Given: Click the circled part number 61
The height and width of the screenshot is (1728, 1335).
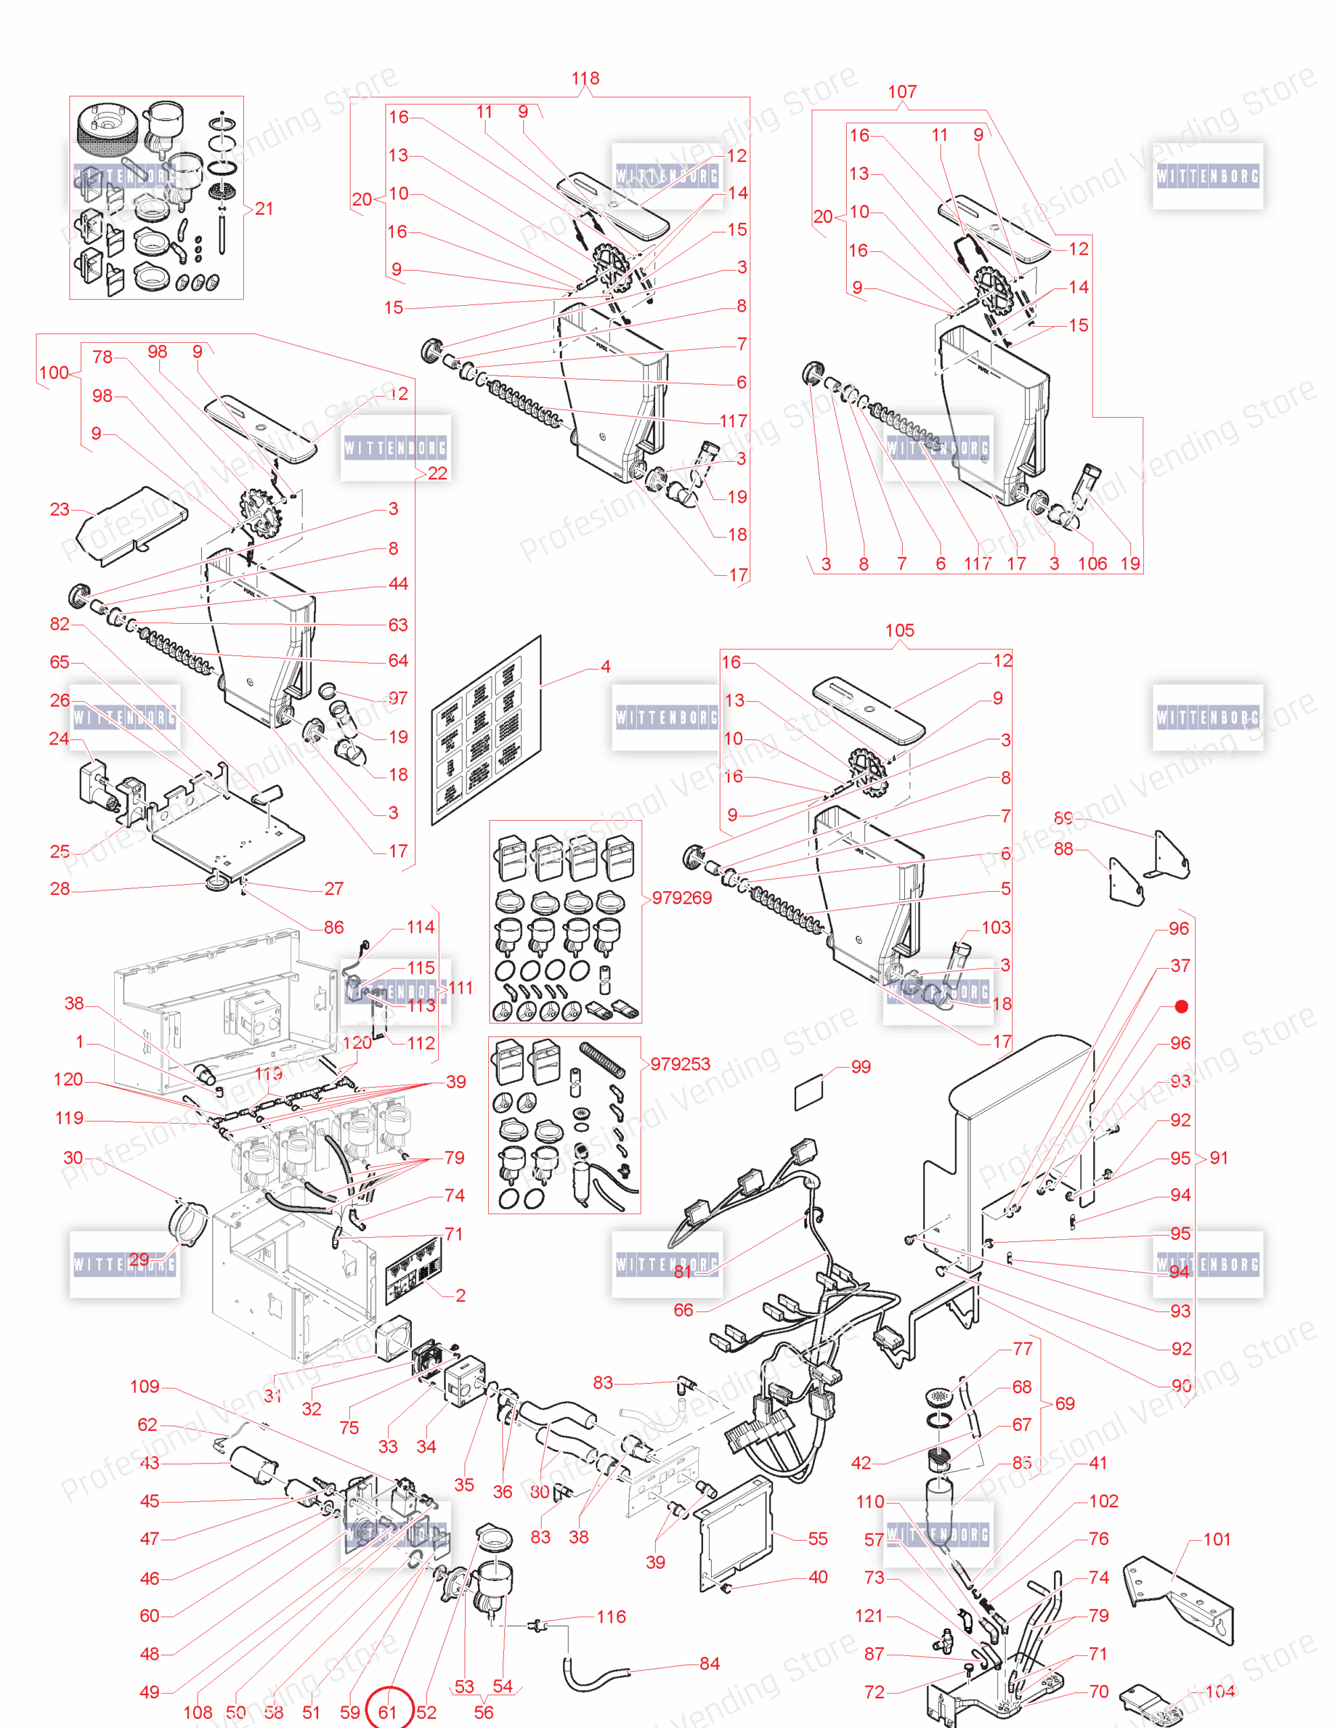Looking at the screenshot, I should [388, 1711].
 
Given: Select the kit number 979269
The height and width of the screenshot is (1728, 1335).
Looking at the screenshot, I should [681, 897].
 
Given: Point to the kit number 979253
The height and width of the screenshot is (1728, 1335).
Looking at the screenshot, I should [680, 1063].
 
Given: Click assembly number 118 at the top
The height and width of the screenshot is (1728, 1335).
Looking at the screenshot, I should [585, 78].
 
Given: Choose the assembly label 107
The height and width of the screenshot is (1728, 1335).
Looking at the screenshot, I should [902, 92].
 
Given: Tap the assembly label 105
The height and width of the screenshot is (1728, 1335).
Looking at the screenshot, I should [899, 630].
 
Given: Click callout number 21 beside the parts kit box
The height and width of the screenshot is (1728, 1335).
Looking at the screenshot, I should [263, 208].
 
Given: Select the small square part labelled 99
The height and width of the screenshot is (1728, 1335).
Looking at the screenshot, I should [809, 1095].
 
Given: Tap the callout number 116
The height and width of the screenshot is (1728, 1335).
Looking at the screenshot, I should [611, 1617].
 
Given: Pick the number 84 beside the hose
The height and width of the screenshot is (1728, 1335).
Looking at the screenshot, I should [709, 1664].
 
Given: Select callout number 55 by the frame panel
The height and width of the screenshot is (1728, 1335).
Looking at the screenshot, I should [818, 1538].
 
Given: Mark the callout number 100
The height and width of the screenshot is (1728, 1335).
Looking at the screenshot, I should [54, 373].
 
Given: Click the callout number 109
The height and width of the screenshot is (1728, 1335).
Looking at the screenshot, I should [145, 1386].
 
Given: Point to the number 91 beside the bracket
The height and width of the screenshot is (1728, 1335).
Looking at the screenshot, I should [1219, 1158].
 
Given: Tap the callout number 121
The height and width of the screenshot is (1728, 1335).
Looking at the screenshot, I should [869, 1616].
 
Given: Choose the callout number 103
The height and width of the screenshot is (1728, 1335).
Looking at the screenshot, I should [995, 927].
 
